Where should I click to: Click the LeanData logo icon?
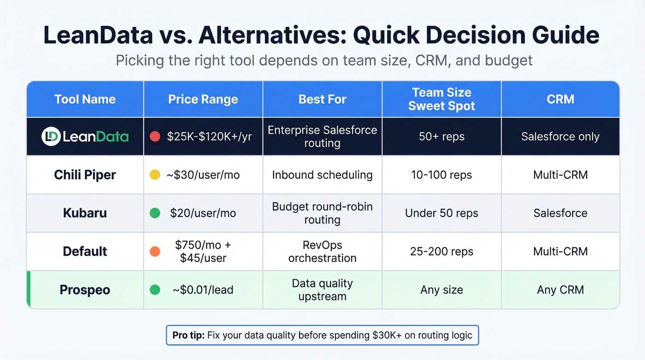pos(51,136)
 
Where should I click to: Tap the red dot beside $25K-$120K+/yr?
pos(155,136)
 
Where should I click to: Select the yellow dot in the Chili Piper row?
pos(155,175)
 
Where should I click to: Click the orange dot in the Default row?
pos(155,251)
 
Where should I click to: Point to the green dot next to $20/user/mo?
pos(155,213)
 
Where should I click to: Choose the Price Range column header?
pos(203,99)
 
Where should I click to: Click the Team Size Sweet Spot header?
pos(441,99)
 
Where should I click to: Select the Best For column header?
pos(322,99)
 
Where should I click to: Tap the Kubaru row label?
pos(85,213)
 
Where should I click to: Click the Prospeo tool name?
pos(85,289)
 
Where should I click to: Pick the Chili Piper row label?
pos(85,175)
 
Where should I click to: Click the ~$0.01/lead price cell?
pos(203,289)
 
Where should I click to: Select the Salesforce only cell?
pos(560,136)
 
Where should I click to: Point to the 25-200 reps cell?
pos(441,251)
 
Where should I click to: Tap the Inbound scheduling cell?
pos(322,175)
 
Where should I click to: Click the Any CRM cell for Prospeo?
pos(560,289)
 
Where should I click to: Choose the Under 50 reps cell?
pos(441,213)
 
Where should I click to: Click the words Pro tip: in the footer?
pos(188,335)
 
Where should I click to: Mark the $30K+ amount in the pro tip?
pos(386,335)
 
